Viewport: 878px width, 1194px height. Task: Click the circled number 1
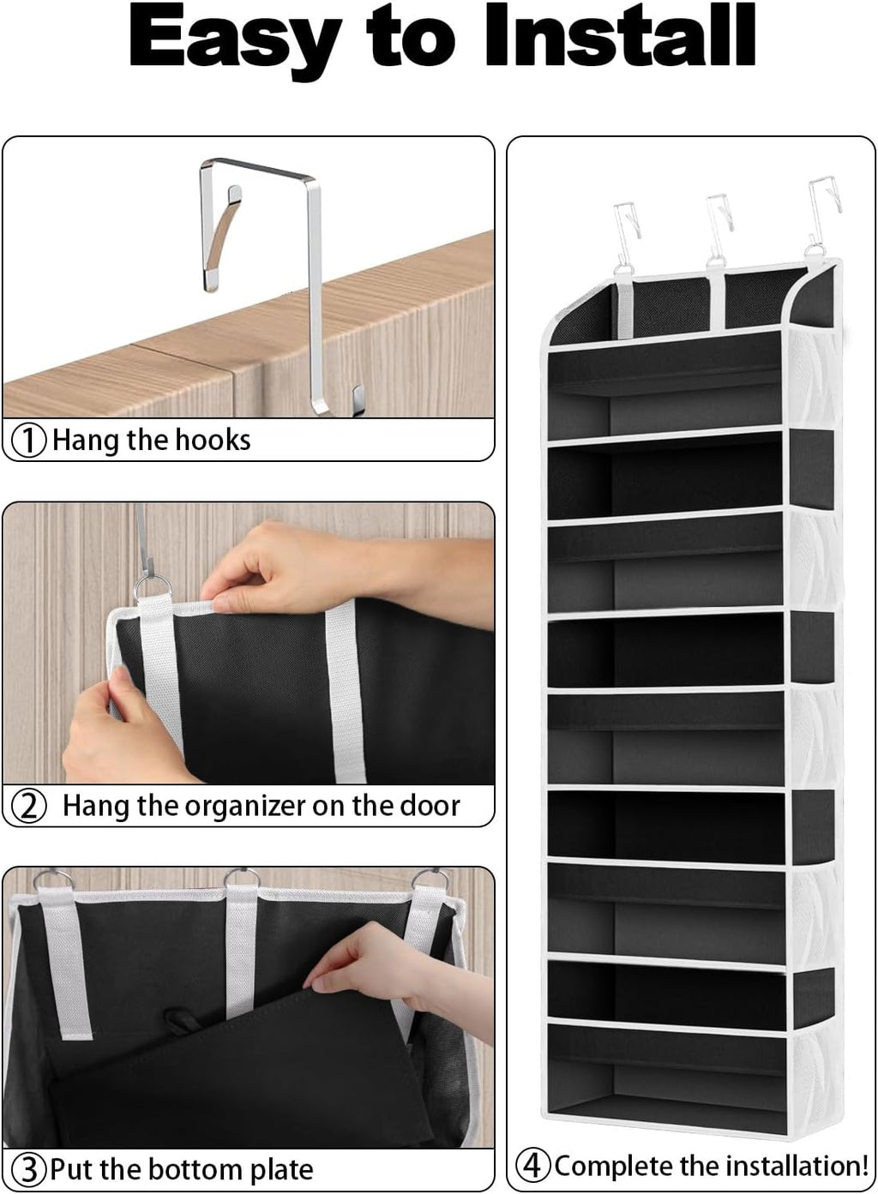pos(29,441)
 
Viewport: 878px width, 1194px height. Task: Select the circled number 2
pos(30,807)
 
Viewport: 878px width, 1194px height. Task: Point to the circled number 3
pos(30,1169)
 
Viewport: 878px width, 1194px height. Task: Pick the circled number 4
pos(533,1166)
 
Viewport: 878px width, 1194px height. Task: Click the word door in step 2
pos(430,806)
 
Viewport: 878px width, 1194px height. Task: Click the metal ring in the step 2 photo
pos(153,589)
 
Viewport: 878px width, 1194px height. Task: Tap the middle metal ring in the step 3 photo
pos(241,879)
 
